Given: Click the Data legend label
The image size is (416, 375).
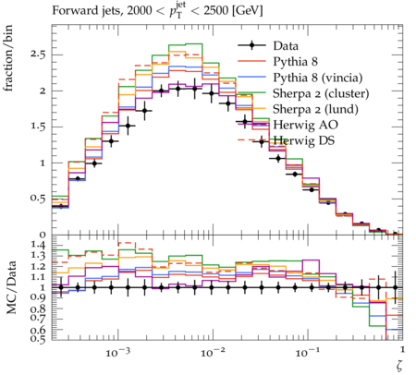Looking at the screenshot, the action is [286, 46].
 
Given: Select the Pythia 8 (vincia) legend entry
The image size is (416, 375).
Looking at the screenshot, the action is [318, 78].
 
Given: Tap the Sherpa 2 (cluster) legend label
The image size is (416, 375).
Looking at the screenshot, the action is [321, 93].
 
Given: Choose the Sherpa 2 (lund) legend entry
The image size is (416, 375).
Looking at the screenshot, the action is [315, 109].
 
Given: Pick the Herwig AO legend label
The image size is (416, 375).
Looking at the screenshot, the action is [305, 125].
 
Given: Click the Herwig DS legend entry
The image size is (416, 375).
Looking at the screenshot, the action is [304, 140].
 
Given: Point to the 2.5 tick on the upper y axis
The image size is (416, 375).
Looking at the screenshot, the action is [38, 54].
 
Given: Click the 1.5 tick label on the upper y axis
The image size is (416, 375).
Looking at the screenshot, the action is [38, 127].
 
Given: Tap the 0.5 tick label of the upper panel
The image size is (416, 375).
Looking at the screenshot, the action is [38, 199].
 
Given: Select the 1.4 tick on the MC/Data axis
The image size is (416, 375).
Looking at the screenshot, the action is [38, 246].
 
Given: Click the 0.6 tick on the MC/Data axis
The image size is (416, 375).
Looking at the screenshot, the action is [38, 331].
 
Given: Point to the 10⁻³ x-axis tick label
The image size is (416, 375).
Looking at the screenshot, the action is [117, 352].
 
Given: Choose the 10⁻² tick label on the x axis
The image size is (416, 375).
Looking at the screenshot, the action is [212, 352].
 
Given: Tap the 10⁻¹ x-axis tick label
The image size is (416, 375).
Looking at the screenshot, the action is [307, 352].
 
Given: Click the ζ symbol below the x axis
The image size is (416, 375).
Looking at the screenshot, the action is [399, 367].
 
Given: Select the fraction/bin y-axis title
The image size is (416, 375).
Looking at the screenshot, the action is [8, 58].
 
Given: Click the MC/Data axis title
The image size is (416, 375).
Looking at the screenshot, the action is [11, 287].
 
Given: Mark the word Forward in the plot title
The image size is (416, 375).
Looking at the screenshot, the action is [71, 10].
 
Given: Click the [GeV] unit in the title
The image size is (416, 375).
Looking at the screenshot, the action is [247, 11].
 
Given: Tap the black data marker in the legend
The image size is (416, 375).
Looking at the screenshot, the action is [251, 45].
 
